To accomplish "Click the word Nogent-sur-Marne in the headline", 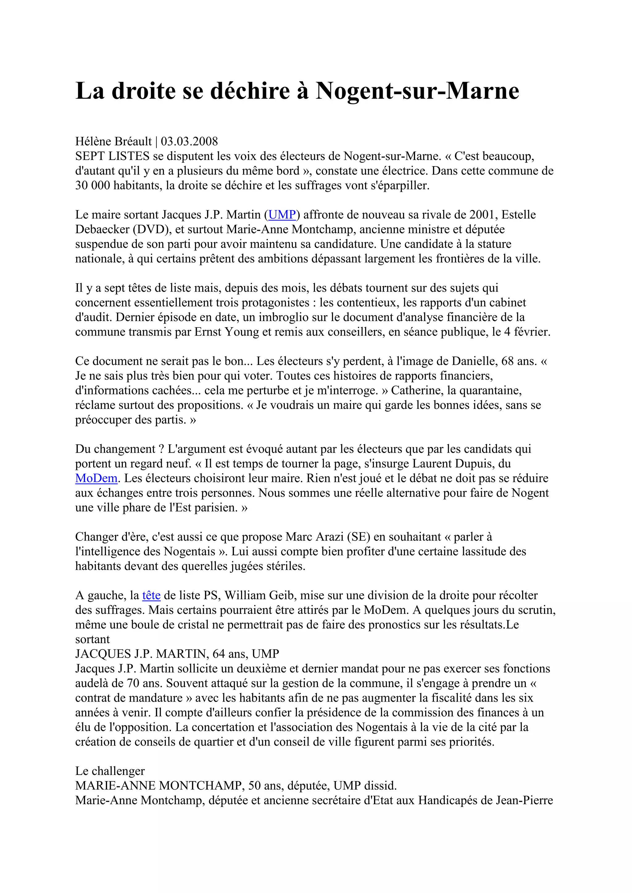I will (x=417, y=91).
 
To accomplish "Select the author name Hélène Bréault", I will (x=113, y=141).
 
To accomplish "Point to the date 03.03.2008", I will (x=189, y=141).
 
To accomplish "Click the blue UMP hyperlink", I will (x=282, y=215).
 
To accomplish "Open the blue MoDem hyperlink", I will (x=96, y=478).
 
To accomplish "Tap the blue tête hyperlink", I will (x=152, y=595).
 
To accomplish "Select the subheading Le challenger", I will (x=110, y=771).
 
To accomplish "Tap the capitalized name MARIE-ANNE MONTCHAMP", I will (x=160, y=786).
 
